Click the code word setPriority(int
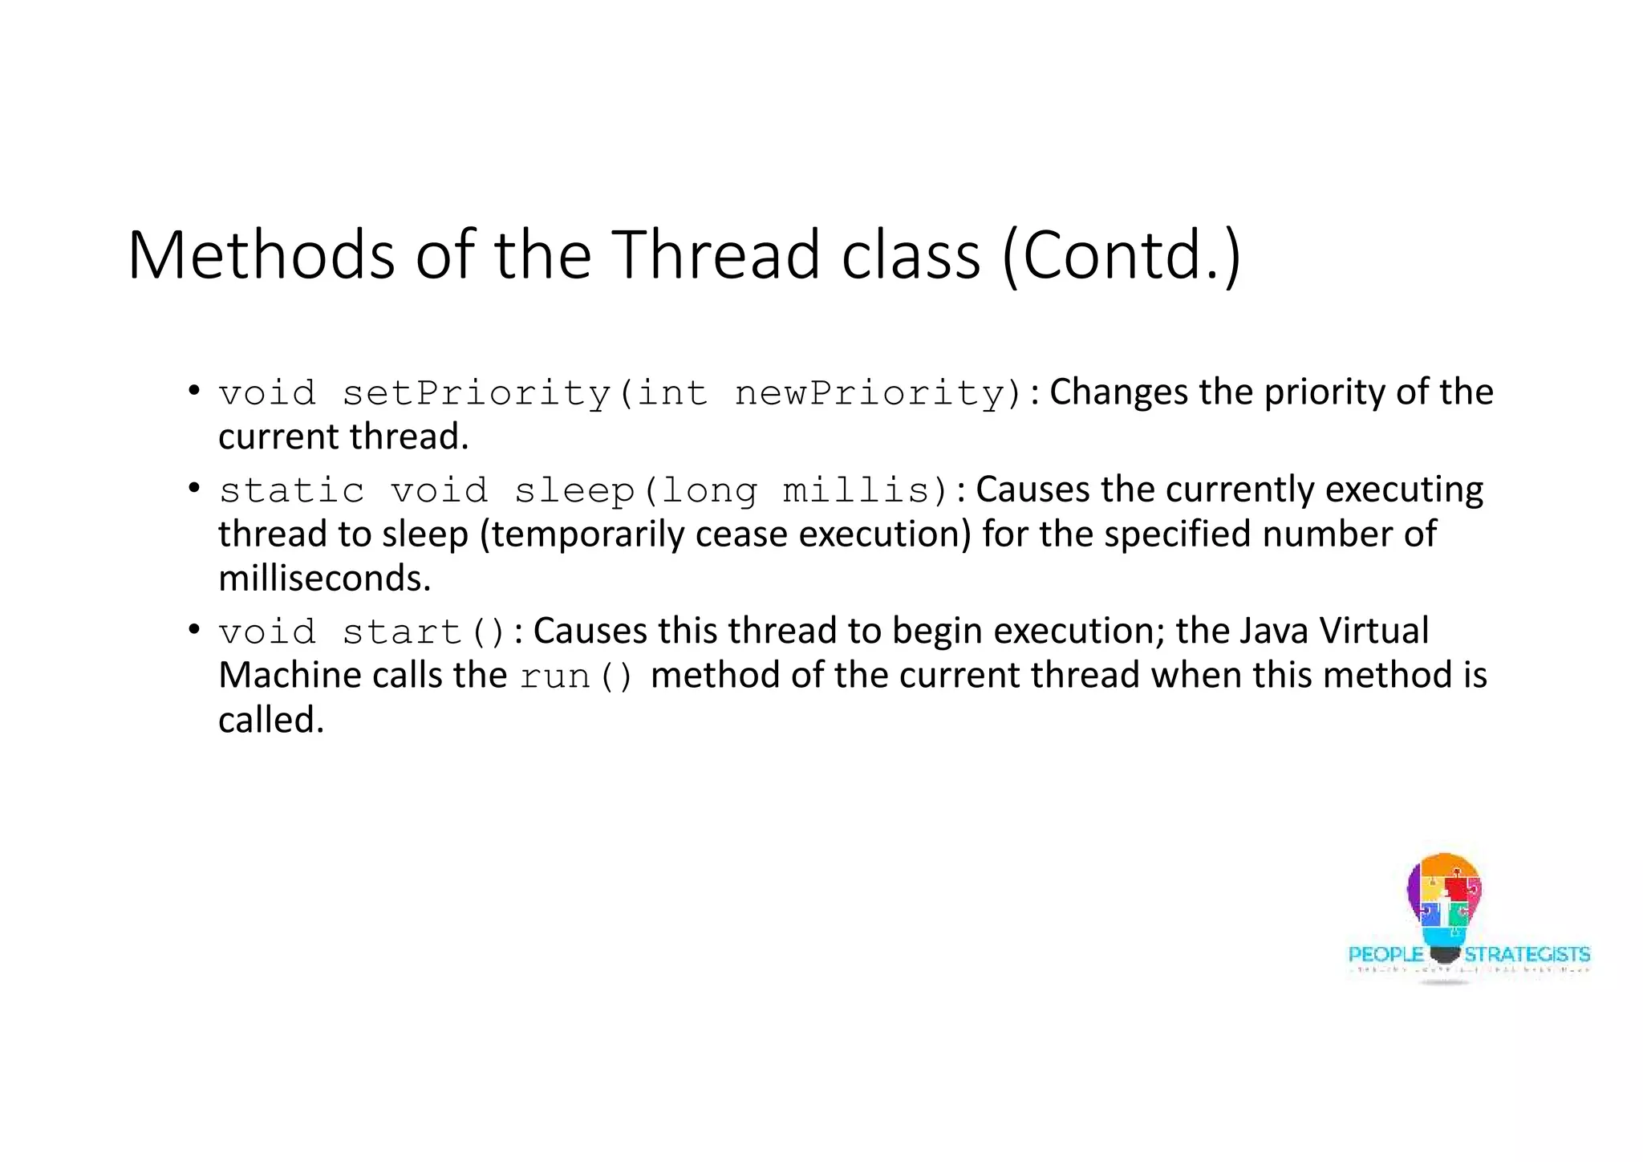[x=525, y=394]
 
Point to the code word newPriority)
[x=878, y=394]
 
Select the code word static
[x=292, y=491]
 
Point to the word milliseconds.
[x=324, y=579]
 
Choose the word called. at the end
[x=270, y=720]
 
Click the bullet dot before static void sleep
[x=193, y=488]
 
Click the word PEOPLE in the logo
[x=1385, y=954]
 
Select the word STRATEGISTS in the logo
[x=1527, y=954]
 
